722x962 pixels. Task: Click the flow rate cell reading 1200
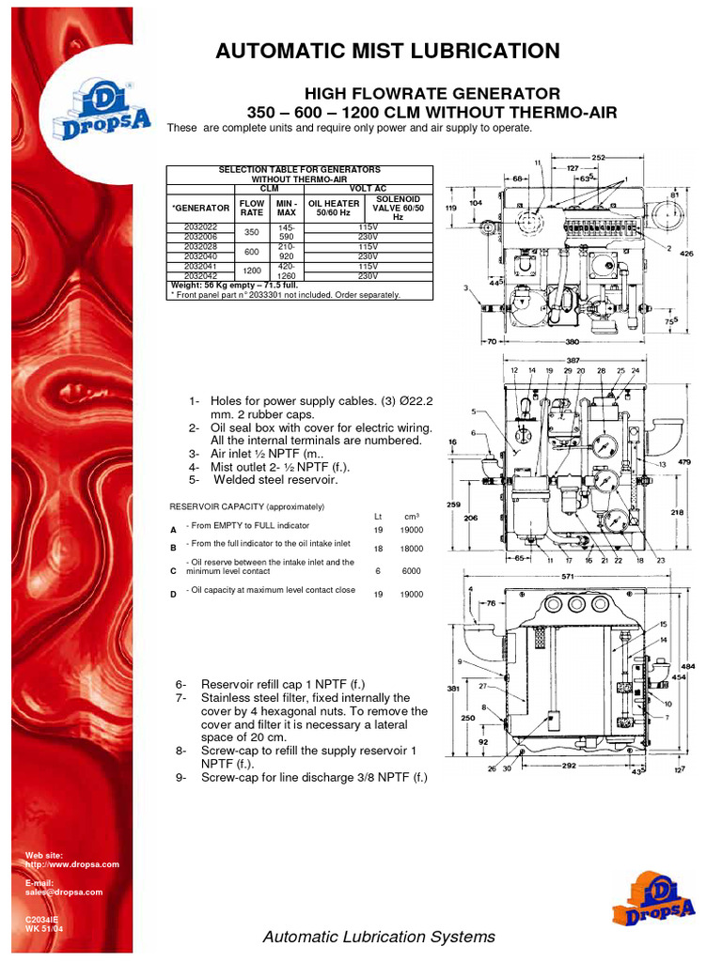pos(251,271)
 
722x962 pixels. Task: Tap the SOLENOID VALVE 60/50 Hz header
pos(398,208)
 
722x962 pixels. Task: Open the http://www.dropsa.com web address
pos(71,864)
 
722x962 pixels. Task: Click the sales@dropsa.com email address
pos(63,892)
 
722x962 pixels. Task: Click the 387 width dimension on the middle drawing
pos(573,360)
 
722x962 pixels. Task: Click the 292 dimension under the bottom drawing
pos(572,766)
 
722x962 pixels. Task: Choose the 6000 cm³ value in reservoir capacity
pos(412,570)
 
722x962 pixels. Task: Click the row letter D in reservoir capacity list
pos(173,595)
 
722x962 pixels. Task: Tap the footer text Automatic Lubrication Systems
pos(378,937)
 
